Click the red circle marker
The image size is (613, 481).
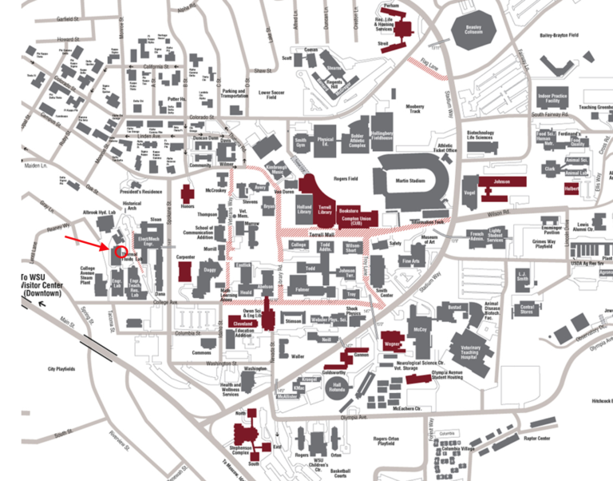tap(121, 252)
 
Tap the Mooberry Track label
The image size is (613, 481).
tap(414, 108)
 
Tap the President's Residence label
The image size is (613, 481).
tap(140, 193)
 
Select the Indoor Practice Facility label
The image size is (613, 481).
tap(554, 98)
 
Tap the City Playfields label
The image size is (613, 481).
tap(61, 370)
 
